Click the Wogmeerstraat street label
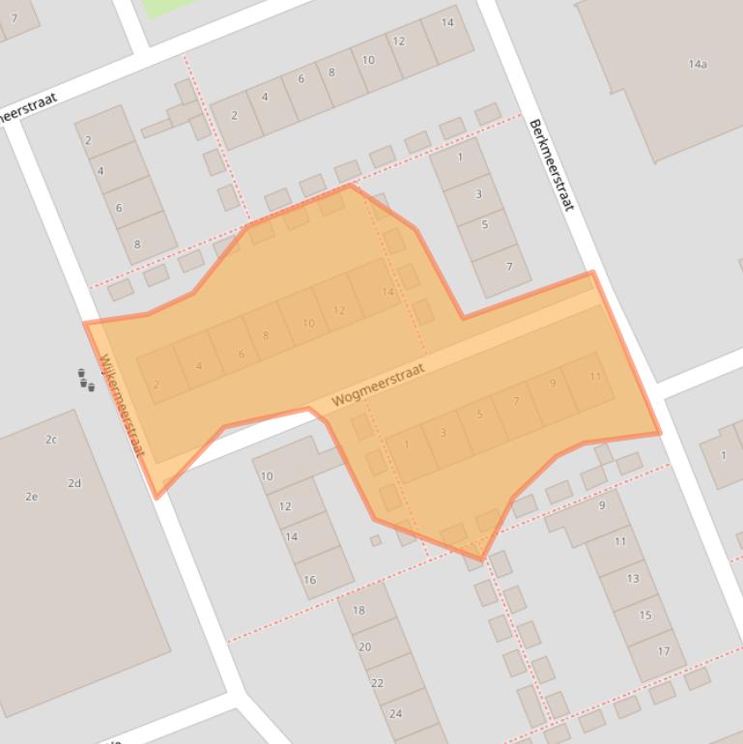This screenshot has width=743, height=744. pos(378,386)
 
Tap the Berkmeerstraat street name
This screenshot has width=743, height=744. pos(552,165)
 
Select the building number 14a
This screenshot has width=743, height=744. pos(698,65)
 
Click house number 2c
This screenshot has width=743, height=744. pos(51,440)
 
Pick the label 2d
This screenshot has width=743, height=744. pos(74,483)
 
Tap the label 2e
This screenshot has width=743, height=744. pos(32,497)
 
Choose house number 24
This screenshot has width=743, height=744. pos(395,713)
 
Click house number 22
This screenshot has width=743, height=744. pos(377,682)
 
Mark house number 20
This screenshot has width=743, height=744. pos(364,646)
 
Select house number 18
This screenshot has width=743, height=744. pos(358,610)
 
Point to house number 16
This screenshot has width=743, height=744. pos(309,580)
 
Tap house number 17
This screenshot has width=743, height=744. pos(663,651)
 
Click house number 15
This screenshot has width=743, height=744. pos(645,615)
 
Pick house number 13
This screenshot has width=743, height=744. pos(633,578)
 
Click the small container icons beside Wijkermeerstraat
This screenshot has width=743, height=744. pos(86,379)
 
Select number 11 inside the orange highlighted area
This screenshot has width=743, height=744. pos(595,376)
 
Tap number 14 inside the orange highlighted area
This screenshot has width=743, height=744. pos(387,292)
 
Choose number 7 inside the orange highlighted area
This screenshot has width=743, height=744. pos(517,401)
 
